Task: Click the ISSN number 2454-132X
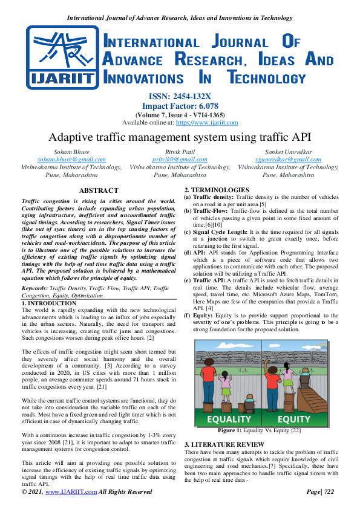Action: [x=179, y=96]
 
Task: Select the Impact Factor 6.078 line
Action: [x=179, y=105]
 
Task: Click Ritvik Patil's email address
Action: [x=180, y=159]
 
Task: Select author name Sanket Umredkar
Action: [x=287, y=151]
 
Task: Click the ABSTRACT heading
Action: [x=97, y=190]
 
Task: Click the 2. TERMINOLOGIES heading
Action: [x=216, y=190]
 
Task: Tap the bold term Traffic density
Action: [x=214, y=197]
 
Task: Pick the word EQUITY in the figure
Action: [x=295, y=418]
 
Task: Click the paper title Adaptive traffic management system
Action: [x=180, y=137]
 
